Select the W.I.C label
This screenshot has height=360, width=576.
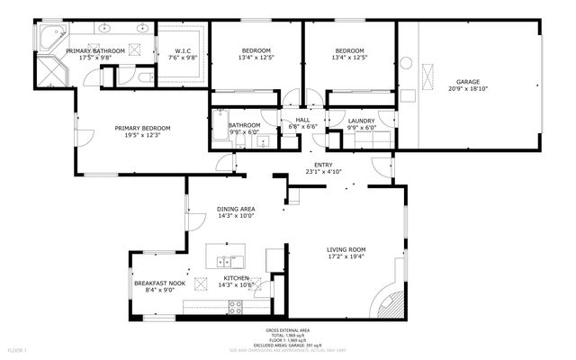pos(183,50)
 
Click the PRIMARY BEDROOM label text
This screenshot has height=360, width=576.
pos(142,128)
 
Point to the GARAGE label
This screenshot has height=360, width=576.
pos(467,81)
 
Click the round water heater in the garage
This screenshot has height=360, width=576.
pos(406,64)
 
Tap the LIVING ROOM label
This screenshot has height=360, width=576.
pos(346,249)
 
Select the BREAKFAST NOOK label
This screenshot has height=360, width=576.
pos(159,283)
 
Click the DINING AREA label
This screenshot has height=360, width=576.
pos(236,209)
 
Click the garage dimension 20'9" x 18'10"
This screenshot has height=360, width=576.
pos(467,88)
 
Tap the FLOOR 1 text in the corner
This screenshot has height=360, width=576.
pos(18,349)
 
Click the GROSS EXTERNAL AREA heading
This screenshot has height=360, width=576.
pos(288,330)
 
